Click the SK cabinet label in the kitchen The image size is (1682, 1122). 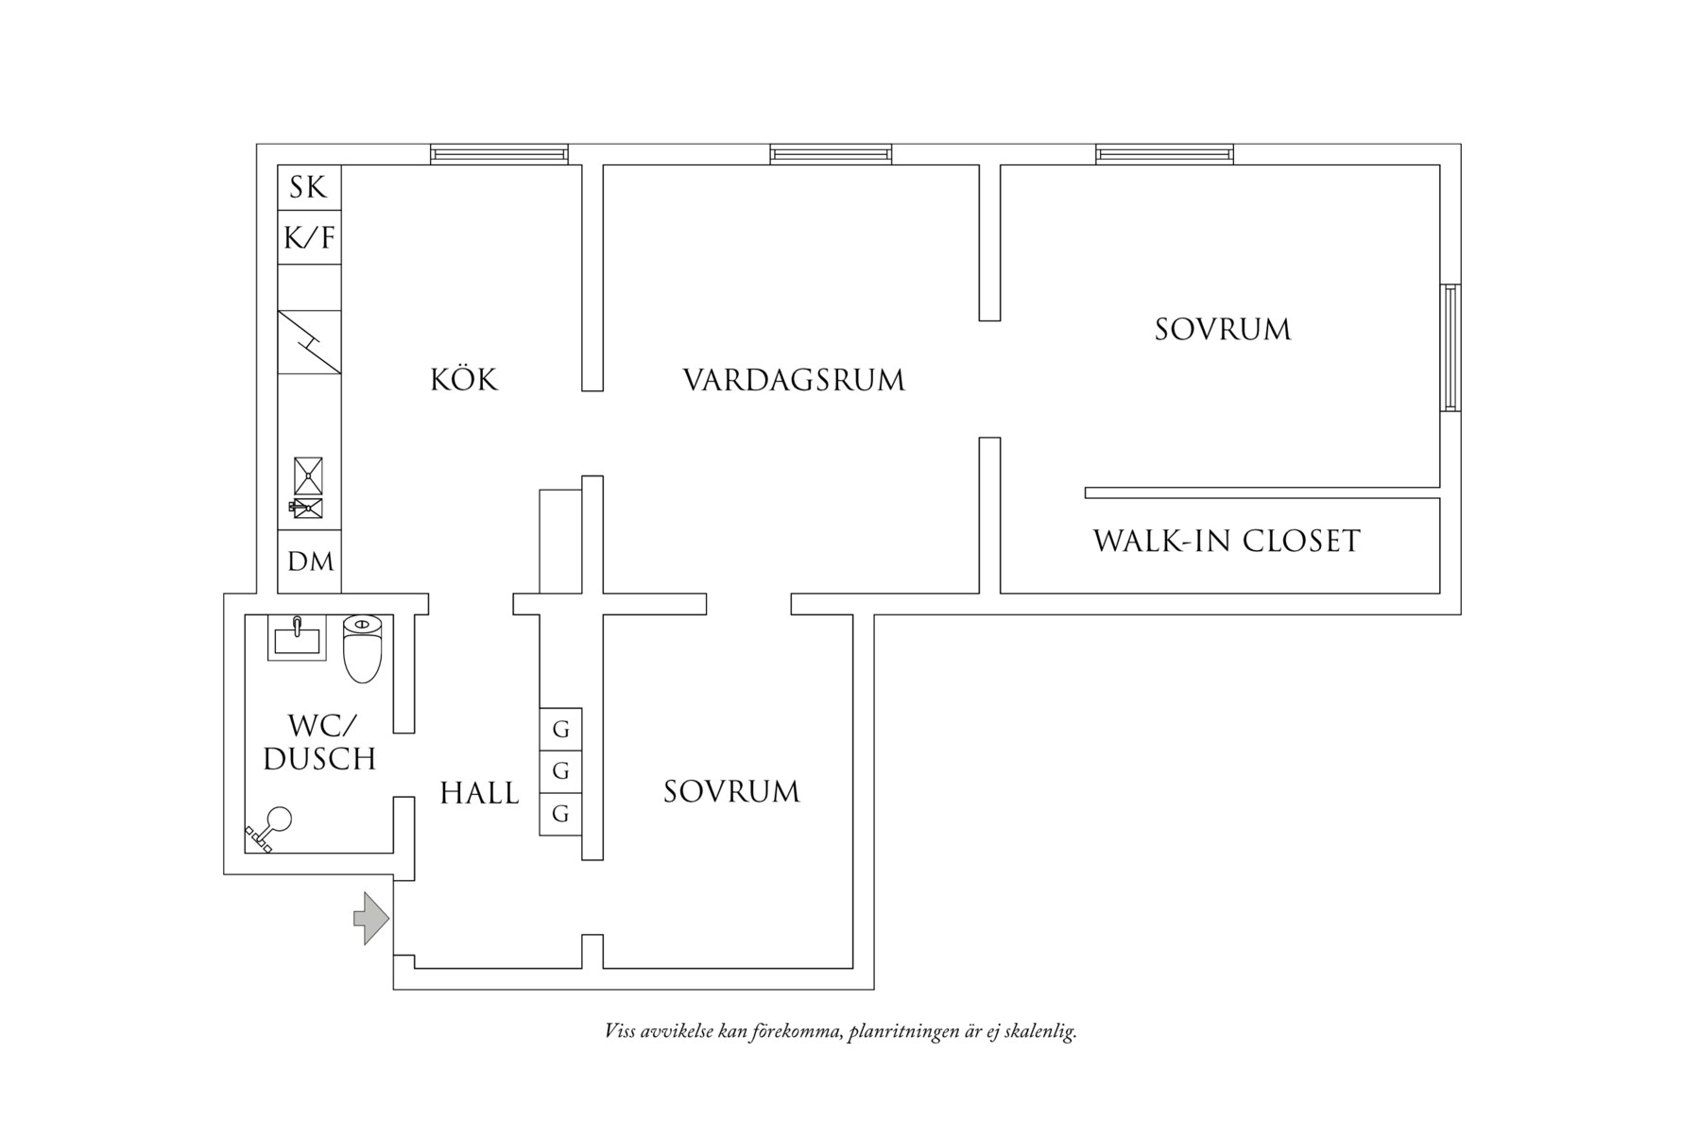click(x=308, y=187)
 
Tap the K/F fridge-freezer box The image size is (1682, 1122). click(x=309, y=237)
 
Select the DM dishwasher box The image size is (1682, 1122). click(x=309, y=562)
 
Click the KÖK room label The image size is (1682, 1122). click(x=464, y=380)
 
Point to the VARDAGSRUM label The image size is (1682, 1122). click(x=794, y=381)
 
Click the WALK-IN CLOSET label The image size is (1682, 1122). click(x=1227, y=542)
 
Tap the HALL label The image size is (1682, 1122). click(x=479, y=793)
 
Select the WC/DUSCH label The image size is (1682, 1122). click(x=320, y=743)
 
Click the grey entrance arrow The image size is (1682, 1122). click(x=371, y=917)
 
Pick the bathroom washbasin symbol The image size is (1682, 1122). click(x=297, y=638)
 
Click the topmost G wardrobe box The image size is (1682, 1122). click(x=560, y=730)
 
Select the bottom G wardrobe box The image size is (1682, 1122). click(x=560, y=814)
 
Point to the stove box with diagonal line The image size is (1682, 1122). click(x=309, y=341)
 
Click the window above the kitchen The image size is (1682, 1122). click(x=499, y=154)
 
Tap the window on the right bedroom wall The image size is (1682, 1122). click(x=1450, y=347)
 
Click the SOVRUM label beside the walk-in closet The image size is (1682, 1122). click(x=1223, y=330)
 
